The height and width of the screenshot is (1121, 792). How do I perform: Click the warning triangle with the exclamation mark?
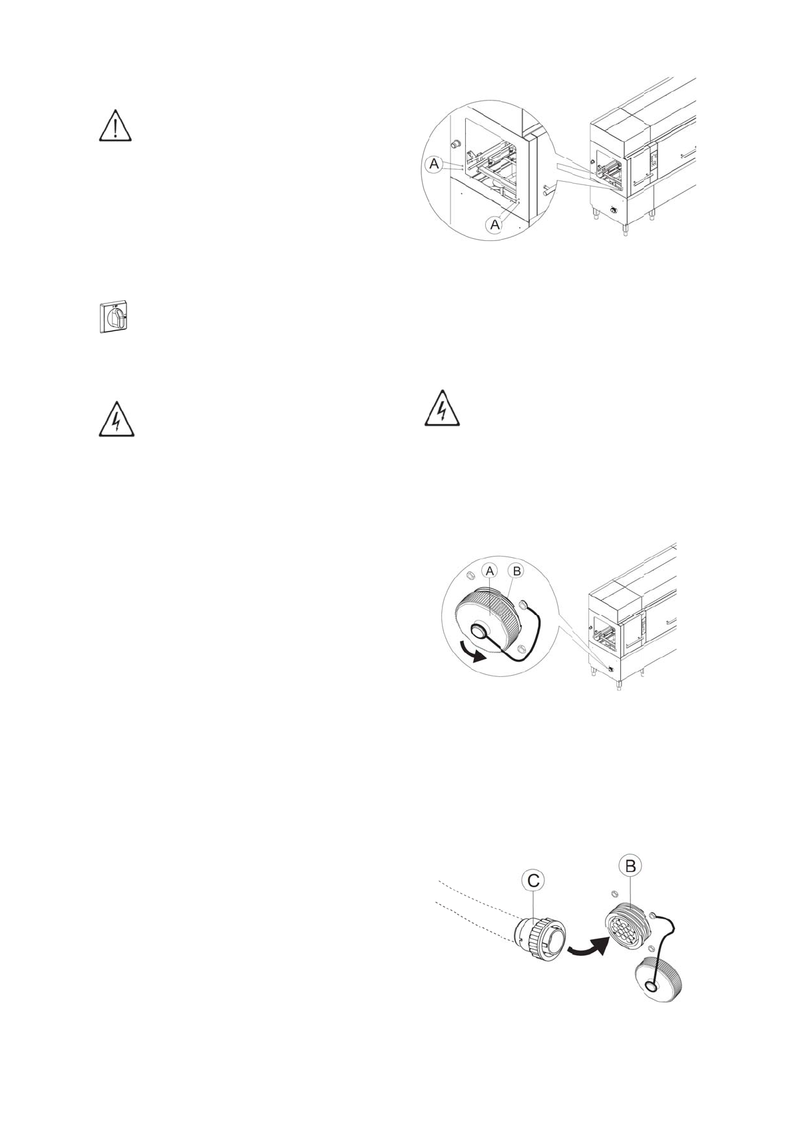point(115,126)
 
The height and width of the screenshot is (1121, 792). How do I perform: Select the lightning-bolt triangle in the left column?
point(116,419)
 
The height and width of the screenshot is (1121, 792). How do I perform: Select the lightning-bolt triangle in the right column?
point(442,408)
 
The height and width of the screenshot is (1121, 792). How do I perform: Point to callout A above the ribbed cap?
point(490,571)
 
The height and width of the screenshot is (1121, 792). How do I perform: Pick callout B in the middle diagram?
point(516,571)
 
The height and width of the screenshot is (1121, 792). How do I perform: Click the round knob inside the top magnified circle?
point(456,144)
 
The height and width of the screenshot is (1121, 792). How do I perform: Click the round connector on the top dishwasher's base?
point(614,212)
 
